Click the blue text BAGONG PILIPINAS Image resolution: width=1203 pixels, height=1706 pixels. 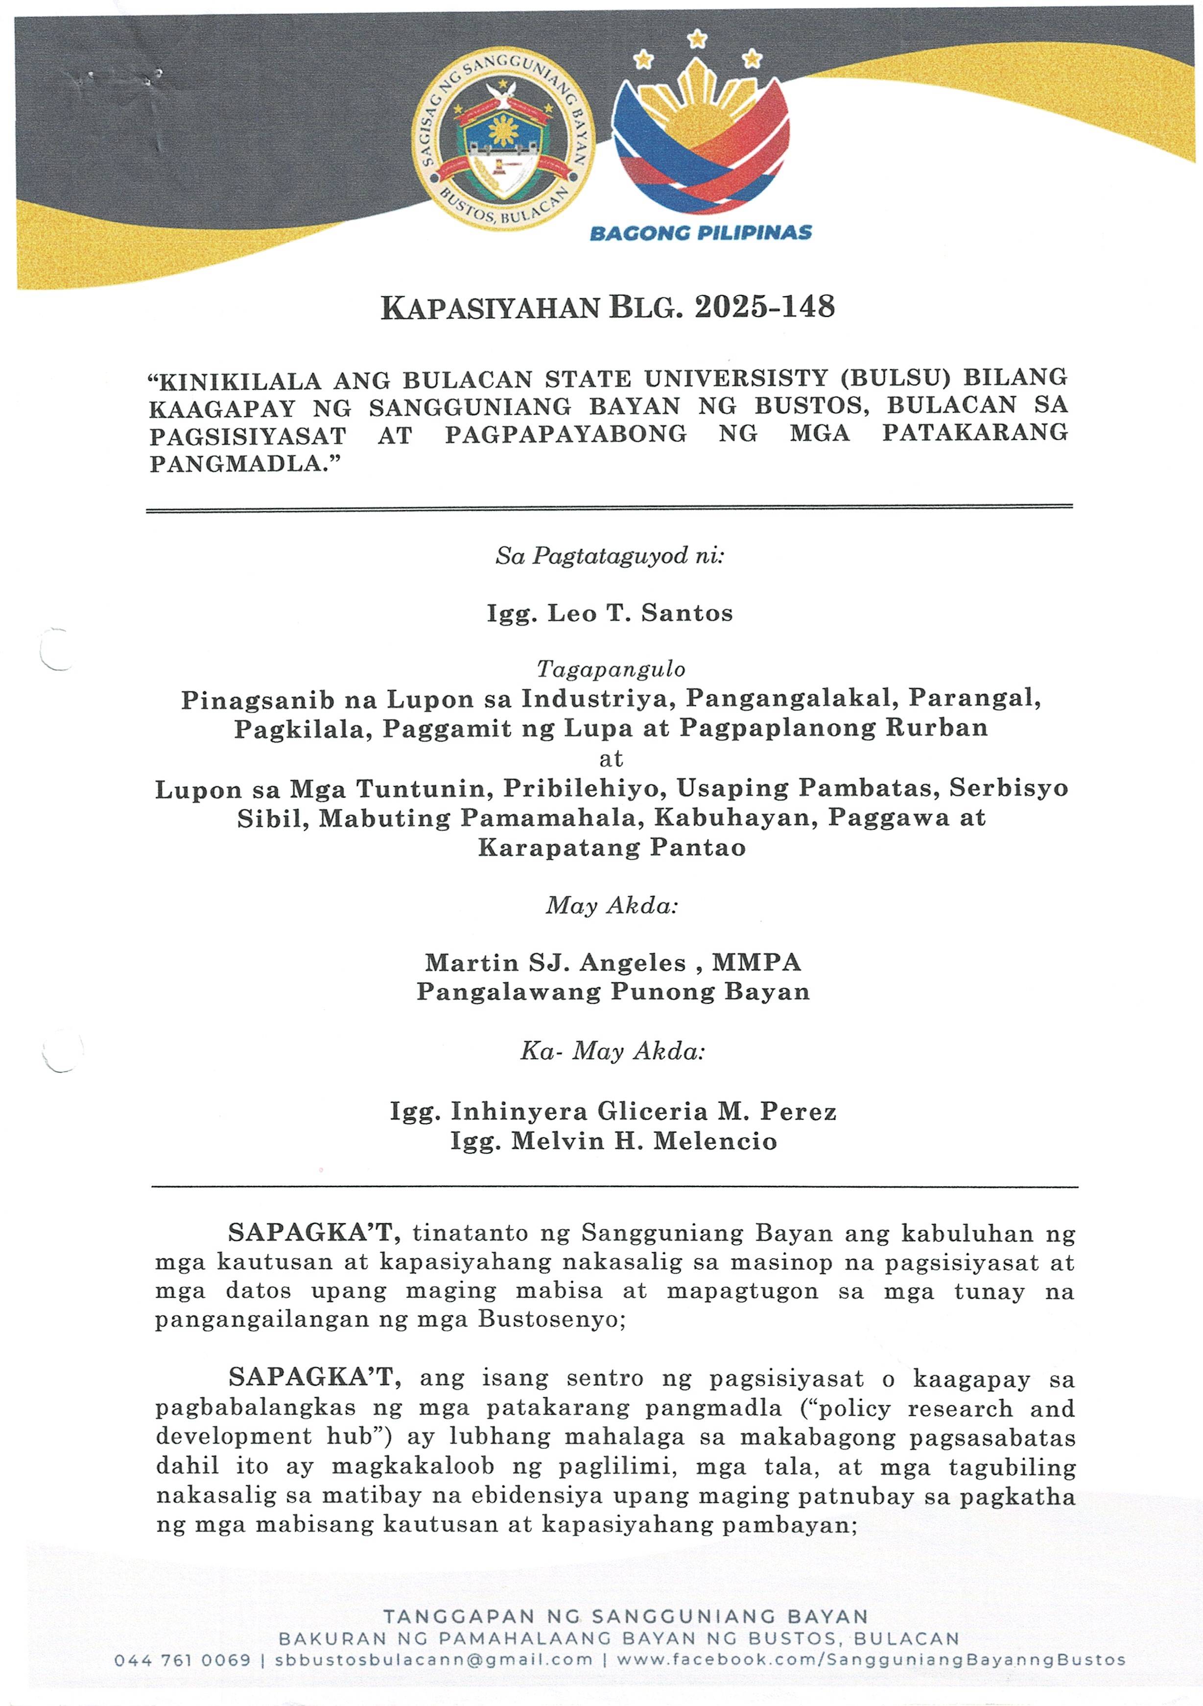click(700, 233)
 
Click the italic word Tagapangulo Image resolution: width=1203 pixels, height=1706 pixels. click(611, 669)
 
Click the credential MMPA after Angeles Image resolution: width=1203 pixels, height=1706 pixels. click(756, 963)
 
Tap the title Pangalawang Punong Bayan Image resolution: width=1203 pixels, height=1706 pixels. click(613, 992)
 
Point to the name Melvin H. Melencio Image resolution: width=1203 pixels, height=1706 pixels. click(643, 1141)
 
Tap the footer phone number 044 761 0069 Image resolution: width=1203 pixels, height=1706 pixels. click(182, 1660)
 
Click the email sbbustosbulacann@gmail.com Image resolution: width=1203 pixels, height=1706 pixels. click(434, 1660)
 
